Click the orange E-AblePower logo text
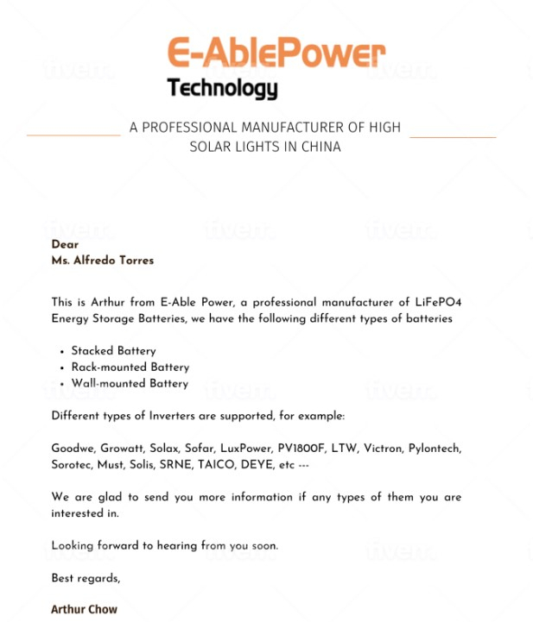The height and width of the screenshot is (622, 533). [x=276, y=53]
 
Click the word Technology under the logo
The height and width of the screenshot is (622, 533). [x=222, y=88]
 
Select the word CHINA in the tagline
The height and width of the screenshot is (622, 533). [x=320, y=147]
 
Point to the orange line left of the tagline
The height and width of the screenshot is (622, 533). [x=73, y=135]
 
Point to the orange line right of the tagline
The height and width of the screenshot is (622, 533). [x=453, y=136]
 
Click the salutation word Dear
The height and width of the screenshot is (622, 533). [x=65, y=244]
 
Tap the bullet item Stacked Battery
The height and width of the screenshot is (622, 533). [x=113, y=351]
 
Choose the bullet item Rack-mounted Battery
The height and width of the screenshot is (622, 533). [x=130, y=368]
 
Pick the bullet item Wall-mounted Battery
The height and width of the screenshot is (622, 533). [x=130, y=383]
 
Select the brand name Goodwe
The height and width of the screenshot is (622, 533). [x=73, y=449]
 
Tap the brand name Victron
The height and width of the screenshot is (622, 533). [x=382, y=449]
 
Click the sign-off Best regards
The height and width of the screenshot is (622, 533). [x=86, y=578]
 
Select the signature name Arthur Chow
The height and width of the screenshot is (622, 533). [x=84, y=609]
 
